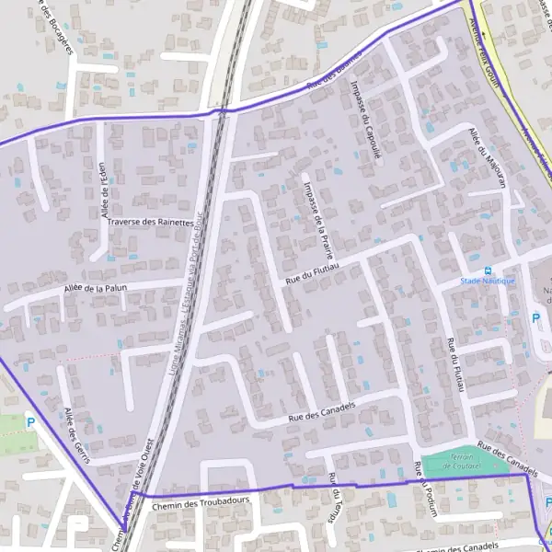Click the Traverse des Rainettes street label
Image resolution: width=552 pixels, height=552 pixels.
(x=150, y=223)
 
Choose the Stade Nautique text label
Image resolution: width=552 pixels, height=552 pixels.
(x=488, y=281)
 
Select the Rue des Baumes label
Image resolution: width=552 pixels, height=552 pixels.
(x=333, y=84)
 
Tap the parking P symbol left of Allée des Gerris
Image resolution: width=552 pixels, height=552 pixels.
(x=30, y=423)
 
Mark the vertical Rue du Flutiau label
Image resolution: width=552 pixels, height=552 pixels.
(x=453, y=366)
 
